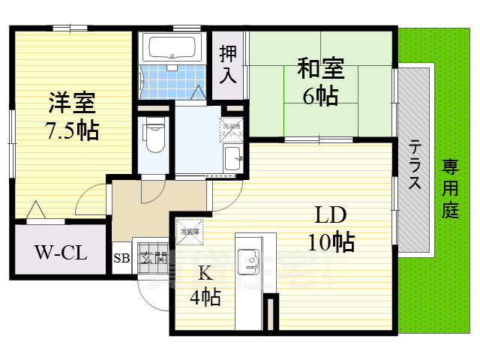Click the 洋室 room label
point(73,101)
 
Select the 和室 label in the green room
point(320,69)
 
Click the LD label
point(329,217)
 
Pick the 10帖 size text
point(330,241)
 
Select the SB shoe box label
point(121,259)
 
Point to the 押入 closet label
point(228,64)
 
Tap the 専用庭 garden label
point(449,188)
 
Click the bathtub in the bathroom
point(172,47)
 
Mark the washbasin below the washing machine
point(232,158)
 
